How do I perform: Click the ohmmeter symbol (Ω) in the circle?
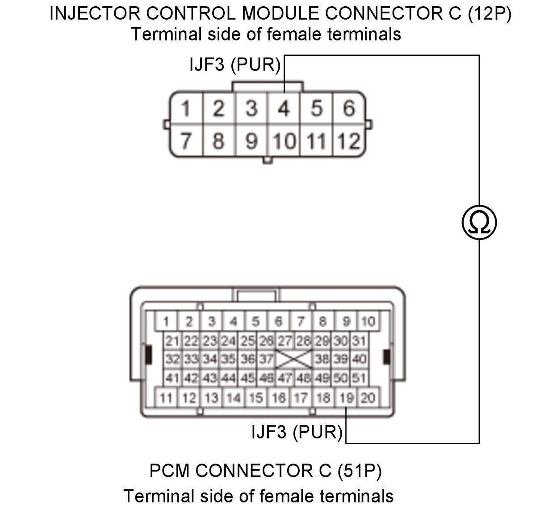pos(479,222)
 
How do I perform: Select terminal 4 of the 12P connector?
pos(284,108)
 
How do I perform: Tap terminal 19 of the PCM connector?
pos(346,398)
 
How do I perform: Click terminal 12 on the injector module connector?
pos(349,141)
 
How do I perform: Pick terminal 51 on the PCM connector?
pos(359,378)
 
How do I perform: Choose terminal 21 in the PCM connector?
pos(172,341)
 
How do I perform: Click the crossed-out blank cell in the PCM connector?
pos(293,359)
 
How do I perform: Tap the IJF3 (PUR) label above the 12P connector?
pos(235,64)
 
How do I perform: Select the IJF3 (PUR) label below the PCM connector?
pos(297,432)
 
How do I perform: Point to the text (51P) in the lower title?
pos(360,471)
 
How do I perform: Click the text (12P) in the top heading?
pos(490,13)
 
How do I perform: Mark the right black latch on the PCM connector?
pos(387,357)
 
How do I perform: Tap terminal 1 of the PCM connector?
pos(166,321)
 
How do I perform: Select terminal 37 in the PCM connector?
pos(266,359)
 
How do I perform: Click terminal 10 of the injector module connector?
pos(284,141)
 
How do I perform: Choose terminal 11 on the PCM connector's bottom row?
pos(166,398)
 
